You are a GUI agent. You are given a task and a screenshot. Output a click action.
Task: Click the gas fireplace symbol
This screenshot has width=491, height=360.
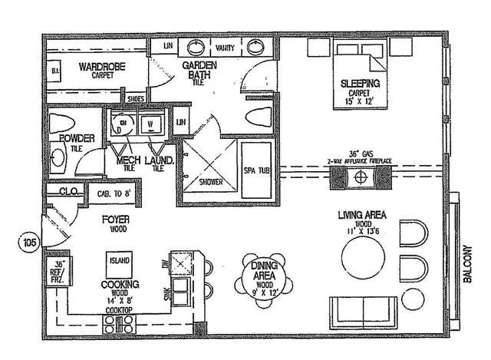click(359, 177)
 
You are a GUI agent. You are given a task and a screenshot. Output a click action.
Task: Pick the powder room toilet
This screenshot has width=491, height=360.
click(59, 122)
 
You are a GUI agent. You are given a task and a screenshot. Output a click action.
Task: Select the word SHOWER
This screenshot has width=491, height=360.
click(210, 183)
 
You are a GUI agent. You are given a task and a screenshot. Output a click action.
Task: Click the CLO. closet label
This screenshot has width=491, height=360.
click(64, 190)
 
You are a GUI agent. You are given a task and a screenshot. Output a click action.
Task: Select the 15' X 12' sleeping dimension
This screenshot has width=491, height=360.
click(353, 101)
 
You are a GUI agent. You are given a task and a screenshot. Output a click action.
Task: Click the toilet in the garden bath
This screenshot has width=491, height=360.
click(256, 117)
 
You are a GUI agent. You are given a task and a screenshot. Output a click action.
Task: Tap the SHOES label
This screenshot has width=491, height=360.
click(135, 98)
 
